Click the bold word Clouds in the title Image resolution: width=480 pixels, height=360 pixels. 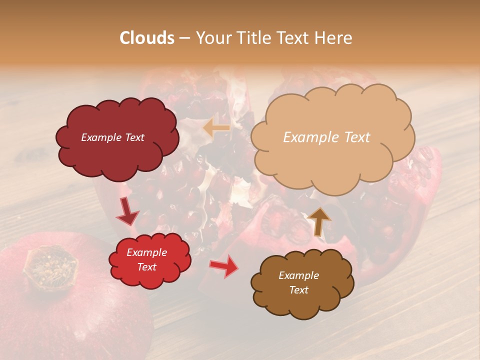(x=147, y=38)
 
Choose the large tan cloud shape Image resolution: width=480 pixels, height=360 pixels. (x=332, y=160)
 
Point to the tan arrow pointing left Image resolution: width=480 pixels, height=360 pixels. (x=216, y=128)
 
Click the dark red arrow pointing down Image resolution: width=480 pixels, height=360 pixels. (x=127, y=212)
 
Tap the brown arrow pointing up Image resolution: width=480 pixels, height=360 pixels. (x=319, y=220)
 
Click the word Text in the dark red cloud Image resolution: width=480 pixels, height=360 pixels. (x=133, y=137)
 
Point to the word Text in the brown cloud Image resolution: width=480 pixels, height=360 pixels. (x=298, y=290)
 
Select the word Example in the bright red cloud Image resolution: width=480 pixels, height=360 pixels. (x=146, y=252)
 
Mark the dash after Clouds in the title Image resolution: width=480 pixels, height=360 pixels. (x=184, y=38)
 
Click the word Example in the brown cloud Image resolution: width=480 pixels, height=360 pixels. (x=298, y=275)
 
